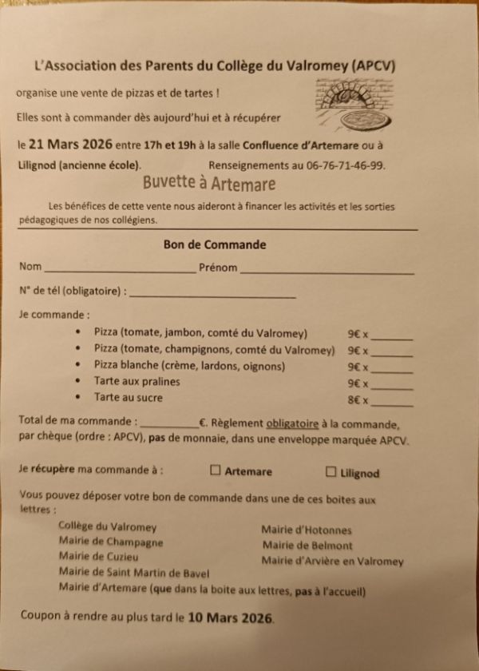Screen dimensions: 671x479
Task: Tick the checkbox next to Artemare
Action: [x=215, y=470]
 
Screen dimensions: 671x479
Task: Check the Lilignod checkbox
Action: [x=331, y=472]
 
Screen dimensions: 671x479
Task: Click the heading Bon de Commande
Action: [x=215, y=245]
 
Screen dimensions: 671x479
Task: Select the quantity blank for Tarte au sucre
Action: [x=392, y=403]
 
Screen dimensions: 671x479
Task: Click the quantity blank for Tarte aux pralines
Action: [x=392, y=387]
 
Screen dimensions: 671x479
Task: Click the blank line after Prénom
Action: [x=327, y=272]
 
